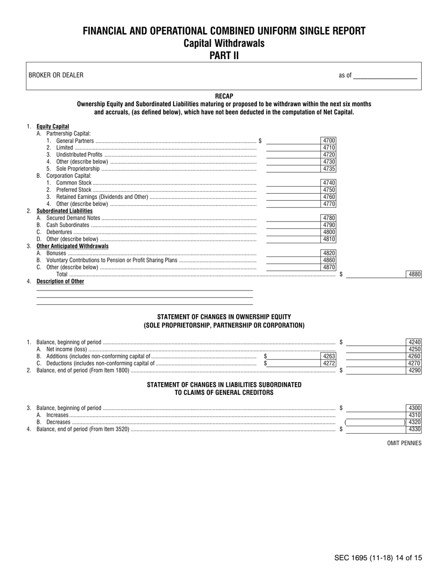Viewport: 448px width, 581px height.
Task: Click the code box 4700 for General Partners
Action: click(x=329, y=141)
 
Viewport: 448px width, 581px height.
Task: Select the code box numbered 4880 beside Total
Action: click(x=414, y=274)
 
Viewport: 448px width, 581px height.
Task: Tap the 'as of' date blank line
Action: click(x=385, y=76)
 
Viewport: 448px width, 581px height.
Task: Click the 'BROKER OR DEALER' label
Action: click(x=56, y=76)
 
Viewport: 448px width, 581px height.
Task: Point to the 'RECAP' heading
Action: click(x=224, y=96)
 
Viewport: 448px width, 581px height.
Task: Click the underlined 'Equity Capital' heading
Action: click(x=53, y=127)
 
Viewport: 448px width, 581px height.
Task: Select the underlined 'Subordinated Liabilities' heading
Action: click(x=65, y=211)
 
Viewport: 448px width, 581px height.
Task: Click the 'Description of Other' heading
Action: click(x=60, y=282)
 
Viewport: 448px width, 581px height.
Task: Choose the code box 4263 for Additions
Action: click(x=329, y=356)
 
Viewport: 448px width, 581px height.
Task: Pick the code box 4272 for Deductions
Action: click(x=329, y=363)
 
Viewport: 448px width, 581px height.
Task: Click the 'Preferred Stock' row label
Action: click(x=74, y=190)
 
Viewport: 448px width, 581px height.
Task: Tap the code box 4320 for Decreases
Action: click(x=414, y=422)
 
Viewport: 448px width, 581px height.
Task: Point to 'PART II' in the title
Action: click(x=224, y=55)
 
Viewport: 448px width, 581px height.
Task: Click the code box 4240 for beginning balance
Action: click(x=414, y=342)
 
